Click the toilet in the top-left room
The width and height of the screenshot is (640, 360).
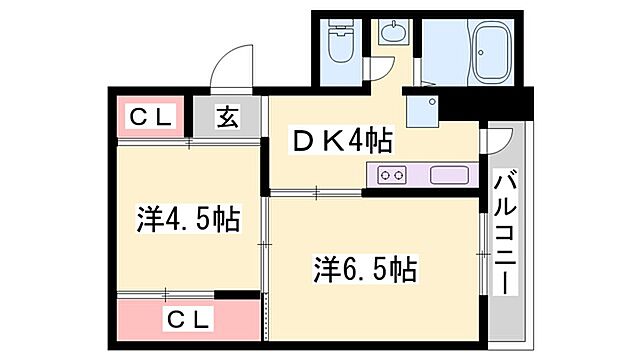pos(339,43)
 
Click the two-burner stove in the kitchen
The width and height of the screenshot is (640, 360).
pos(392,175)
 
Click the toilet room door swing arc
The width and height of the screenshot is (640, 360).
pos(380,70)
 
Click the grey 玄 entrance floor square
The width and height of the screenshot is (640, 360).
pos(228,117)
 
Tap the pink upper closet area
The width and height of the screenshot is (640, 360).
pos(150,117)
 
